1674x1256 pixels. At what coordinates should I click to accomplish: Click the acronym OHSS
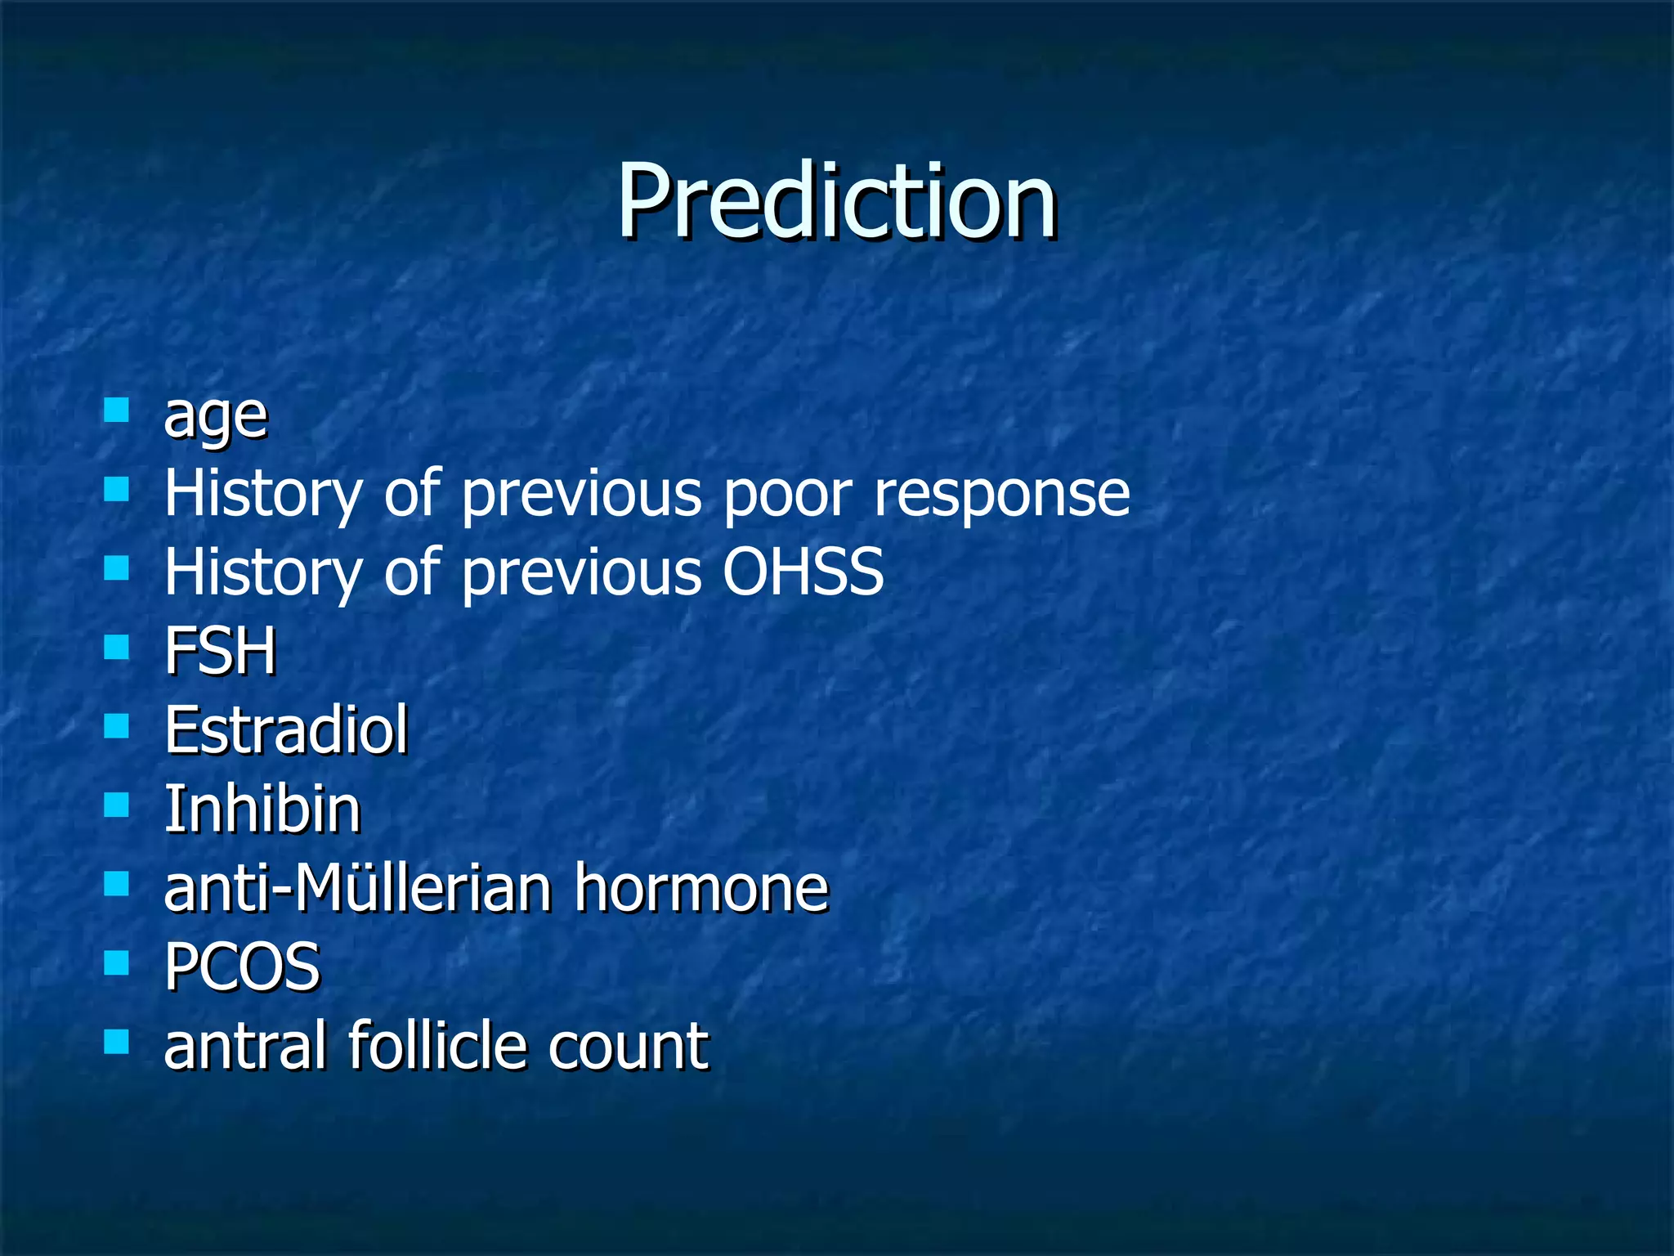[803, 572]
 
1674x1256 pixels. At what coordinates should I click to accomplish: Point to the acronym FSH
[220, 651]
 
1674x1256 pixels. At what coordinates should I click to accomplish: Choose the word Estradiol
[285, 729]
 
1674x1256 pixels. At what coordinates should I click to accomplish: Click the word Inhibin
[262, 809]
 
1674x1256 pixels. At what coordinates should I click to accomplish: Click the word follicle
[438, 1045]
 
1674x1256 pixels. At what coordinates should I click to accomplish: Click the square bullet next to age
[117, 409]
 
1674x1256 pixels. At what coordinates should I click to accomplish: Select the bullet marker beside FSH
[117, 647]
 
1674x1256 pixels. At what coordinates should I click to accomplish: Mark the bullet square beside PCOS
[117, 962]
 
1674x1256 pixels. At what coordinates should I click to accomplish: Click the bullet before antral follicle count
[117, 1041]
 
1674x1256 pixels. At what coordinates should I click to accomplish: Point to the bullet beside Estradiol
[117, 725]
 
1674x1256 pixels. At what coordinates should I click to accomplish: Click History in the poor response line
[262, 494]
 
